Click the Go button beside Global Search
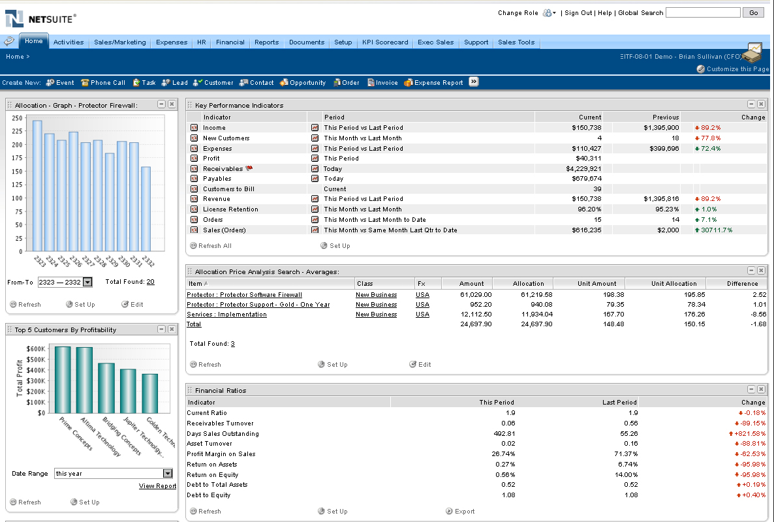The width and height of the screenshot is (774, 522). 754,12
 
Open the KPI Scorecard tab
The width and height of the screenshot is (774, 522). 385,42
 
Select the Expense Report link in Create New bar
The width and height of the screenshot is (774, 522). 438,83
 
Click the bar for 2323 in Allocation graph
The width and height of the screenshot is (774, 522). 37,186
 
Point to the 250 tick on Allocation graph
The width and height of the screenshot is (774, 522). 18,118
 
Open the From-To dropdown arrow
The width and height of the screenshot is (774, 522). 87,283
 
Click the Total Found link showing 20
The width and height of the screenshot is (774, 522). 150,282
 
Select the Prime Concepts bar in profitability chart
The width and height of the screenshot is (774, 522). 63,380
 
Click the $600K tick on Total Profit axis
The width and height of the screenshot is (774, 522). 36,349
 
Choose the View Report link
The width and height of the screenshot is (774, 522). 157,486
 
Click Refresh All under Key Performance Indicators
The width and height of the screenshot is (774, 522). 214,246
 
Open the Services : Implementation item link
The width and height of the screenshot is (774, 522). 226,315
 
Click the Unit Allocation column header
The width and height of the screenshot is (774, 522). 673,284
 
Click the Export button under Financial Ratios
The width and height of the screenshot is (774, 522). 464,512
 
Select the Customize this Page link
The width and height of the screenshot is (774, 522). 737,69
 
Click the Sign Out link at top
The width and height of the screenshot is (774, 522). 578,13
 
